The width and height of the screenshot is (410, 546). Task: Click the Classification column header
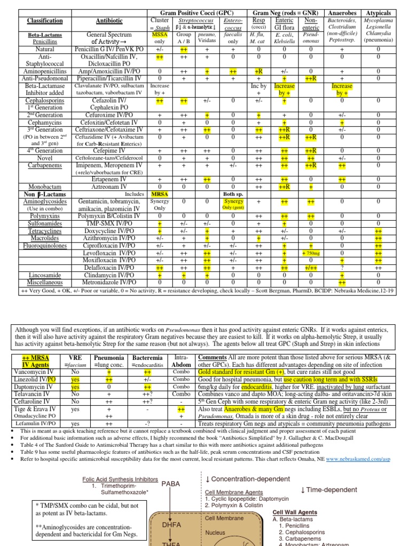point(45,20)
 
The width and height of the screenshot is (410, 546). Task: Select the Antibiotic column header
point(109,20)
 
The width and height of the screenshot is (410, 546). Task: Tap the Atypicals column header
point(379,12)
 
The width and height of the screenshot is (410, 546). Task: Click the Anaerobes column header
point(342,12)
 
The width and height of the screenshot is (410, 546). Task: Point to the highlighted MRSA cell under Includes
point(160,194)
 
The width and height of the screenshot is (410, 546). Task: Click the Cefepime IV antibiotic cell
point(109,151)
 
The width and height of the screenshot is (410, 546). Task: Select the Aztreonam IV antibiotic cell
point(109,187)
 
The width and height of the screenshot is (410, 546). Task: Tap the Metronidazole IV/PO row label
point(109,282)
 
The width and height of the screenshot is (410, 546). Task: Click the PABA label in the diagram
point(171,484)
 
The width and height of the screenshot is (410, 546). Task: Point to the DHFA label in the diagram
point(171,525)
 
